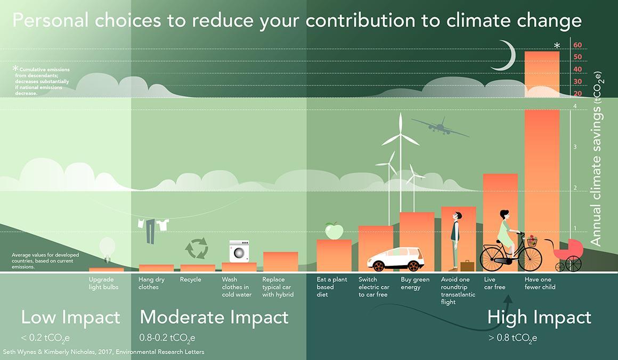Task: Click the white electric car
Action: coord(394,259)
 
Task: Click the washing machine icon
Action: coord(239,251)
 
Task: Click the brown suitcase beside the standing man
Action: coord(467,265)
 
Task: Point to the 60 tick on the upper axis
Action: coord(578,45)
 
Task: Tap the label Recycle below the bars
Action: coord(191,280)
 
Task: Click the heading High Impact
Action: coord(539,318)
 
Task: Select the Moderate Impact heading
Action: coord(214,318)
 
